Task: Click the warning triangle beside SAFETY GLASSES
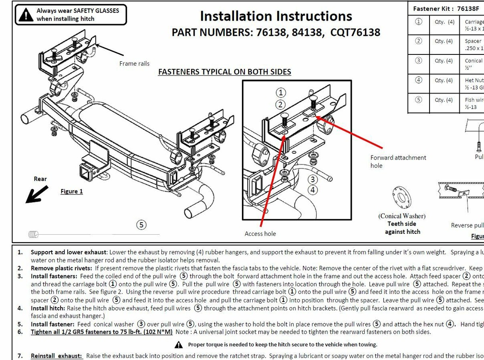tap(27, 15)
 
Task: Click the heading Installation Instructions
tap(276, 16)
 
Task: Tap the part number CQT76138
tap(355, 32)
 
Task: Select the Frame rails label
tap(134, 63)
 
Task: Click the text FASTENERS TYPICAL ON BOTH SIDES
tap(224, 72)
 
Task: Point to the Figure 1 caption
tap(72, 191)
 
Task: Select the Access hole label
tap(260, 233)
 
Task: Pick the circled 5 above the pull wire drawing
tap(141, 225)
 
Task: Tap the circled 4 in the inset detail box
tap(313, 189)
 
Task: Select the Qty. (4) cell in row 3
tap(444, 60)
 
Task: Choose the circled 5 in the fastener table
tap(419, 100)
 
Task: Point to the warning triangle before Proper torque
tap(179, 345)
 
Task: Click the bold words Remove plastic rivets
tap(62, 268)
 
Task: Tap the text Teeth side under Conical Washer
tap(402, 224)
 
